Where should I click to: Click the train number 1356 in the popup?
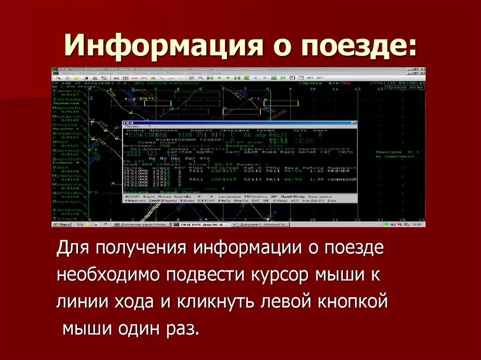tap(136, 135)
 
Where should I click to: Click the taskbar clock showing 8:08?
tap(417, 225)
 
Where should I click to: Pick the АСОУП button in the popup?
tap(131, 196)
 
